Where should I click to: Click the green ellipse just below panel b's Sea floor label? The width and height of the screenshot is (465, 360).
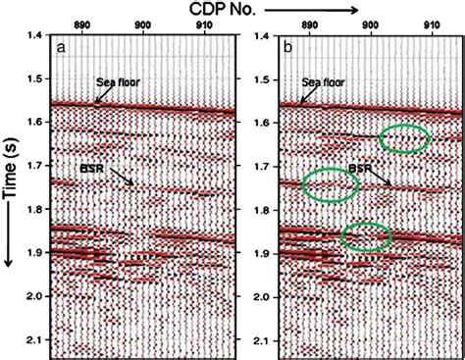403,138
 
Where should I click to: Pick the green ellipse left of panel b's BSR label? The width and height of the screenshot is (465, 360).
330,184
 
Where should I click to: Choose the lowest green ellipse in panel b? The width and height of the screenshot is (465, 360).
366,235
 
